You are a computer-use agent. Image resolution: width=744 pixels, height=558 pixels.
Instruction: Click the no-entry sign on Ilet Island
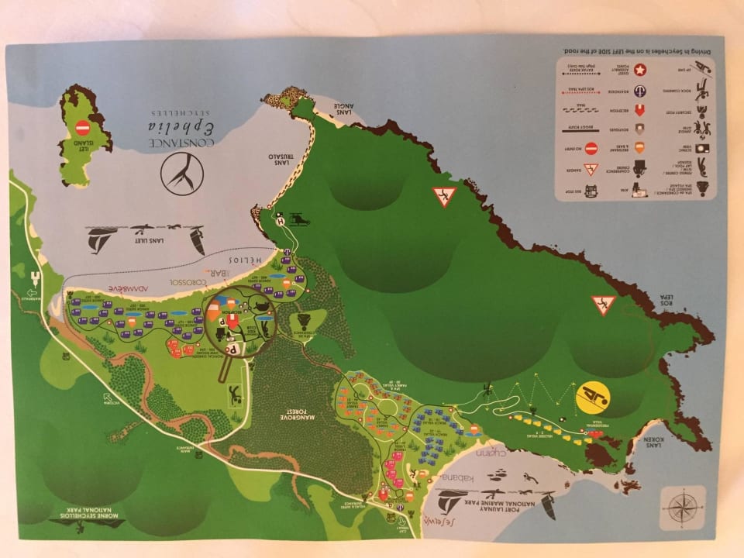click(x=83, y=128)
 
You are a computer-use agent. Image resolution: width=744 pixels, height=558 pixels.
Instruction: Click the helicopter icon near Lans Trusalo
click(x=299, y=222)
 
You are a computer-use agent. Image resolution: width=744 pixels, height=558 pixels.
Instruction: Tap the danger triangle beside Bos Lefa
click(x=603, y=305)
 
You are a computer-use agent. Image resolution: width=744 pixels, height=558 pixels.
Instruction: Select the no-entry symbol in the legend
click(x=591, y=147)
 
